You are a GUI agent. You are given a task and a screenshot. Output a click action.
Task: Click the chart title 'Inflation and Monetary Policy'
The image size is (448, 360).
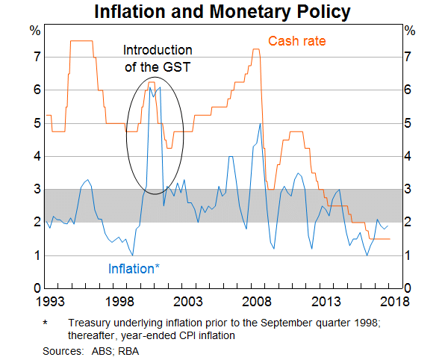tap(223, 12)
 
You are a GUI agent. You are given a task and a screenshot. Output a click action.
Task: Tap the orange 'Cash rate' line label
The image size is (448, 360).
tap(296, 41)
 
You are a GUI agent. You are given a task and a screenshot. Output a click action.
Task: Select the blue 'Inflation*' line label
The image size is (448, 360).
tap(134, 268)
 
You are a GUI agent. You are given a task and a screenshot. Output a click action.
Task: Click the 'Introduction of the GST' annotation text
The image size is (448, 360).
tap(158, 58)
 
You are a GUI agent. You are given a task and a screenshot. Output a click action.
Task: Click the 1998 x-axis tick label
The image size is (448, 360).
tap(119, 302)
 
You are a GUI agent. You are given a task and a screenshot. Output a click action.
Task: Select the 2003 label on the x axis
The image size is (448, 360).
tap(188, 302)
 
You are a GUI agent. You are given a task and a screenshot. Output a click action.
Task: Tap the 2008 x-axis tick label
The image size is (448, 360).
tap(259, 302)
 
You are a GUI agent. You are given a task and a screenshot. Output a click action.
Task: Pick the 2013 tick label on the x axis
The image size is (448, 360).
tap(329, 302)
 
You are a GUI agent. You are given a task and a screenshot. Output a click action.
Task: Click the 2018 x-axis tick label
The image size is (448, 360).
tap(396, 302)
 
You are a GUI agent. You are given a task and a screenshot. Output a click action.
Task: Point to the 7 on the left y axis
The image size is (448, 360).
tap(34, 57)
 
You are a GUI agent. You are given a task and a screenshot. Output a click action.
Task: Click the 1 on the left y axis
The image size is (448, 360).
tap(34, 255)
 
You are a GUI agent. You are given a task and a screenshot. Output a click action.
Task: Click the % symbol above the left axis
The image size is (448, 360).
tap(34, 31)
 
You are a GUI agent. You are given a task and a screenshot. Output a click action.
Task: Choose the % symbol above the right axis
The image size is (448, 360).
tap(410, 31)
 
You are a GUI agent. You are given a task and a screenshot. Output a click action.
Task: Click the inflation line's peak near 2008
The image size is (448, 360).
tap(260, 124)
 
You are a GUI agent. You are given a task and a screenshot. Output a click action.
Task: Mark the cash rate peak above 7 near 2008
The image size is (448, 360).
tap(256, 49)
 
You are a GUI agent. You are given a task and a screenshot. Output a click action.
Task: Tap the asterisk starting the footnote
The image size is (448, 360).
tap(46, 323)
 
